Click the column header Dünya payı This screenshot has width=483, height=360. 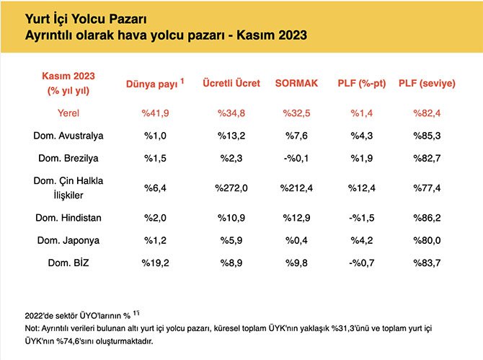point(154,83)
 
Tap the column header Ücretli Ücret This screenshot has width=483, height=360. point(231,83)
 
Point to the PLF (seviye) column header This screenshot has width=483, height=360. point(427,83)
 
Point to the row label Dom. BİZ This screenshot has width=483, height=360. point(68,263)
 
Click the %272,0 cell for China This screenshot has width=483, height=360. point(231,188)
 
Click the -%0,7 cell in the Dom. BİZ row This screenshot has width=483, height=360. point(361,263)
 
